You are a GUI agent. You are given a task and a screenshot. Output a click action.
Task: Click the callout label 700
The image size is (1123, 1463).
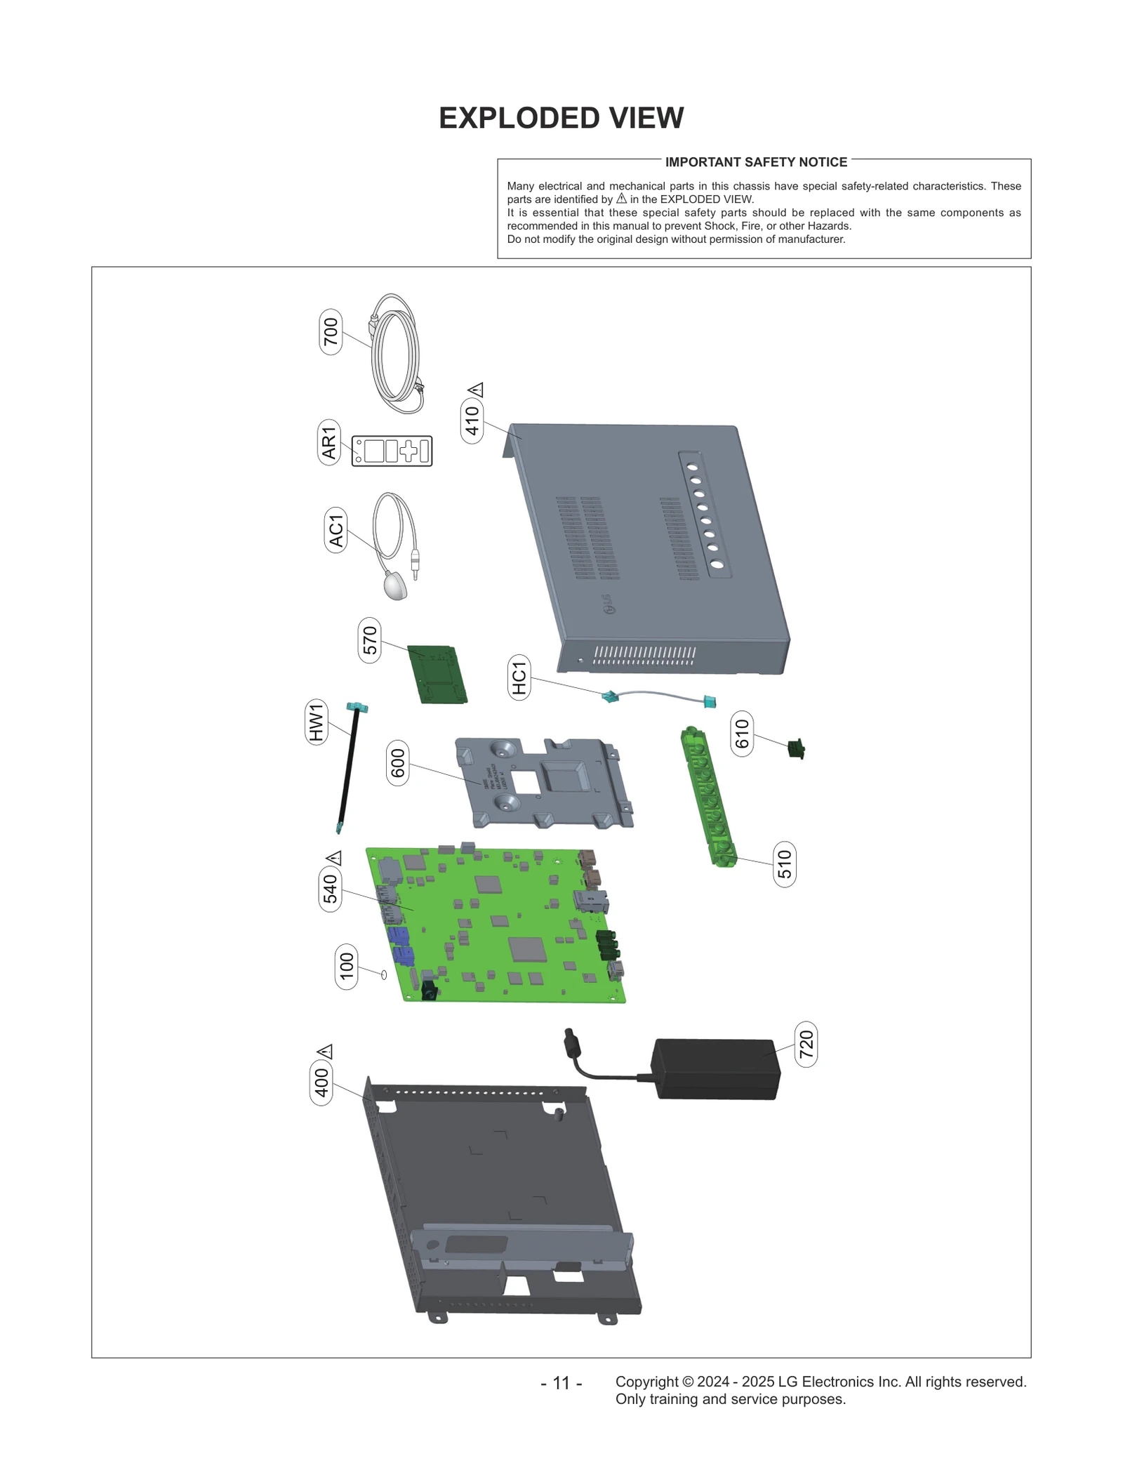pyautogui.click(x=331, y=332)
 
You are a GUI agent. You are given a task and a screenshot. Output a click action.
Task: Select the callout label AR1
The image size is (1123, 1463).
pyautogui.click(x=329, y=443)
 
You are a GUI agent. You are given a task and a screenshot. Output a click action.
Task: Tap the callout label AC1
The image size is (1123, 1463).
pyautogui.click(x=336, y=530)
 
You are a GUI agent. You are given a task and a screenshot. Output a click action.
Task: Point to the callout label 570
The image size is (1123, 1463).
pyautogui.click(x=369, y=640)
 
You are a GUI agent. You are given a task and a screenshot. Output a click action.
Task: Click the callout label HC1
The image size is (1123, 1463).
pyautogui.click(x=519, y=677)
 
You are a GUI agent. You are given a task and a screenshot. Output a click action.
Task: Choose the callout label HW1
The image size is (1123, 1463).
pyautogui.click(x=317, y=722)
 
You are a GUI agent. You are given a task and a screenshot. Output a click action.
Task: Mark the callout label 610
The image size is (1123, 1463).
pyautogui.click(x=742, y=734)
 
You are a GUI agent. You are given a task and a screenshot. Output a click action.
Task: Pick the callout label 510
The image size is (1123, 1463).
pyautogui.click(x=784, y=864)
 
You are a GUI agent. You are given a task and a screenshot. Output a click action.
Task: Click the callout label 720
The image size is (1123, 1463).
pyautogui.click(x=806, y=1045)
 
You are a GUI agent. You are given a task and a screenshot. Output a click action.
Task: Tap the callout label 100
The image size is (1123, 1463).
pyautogui.click(x=347, y=967)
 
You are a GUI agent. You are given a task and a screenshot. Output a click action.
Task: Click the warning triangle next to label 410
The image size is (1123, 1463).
pyautogui.click(x=476, y=390)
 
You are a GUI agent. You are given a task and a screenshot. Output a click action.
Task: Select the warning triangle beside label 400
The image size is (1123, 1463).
pyautogui.click(x=325, y=1052)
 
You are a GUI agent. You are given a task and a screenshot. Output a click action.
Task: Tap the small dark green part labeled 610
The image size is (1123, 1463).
pyautogui.click(x=796, y=749)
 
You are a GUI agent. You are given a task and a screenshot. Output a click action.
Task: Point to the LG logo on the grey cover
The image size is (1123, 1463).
pyautogui.click(x=611, y=604)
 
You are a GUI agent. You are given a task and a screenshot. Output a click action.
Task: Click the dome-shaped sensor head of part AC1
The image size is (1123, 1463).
pyautogui.click(x=396, y=585)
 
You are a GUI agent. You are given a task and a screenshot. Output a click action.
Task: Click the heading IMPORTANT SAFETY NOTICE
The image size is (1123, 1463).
pyautogui.click(x=756, y=162)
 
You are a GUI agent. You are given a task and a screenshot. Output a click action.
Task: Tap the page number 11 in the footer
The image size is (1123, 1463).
pyautogui.click(x=561, y=1383)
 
